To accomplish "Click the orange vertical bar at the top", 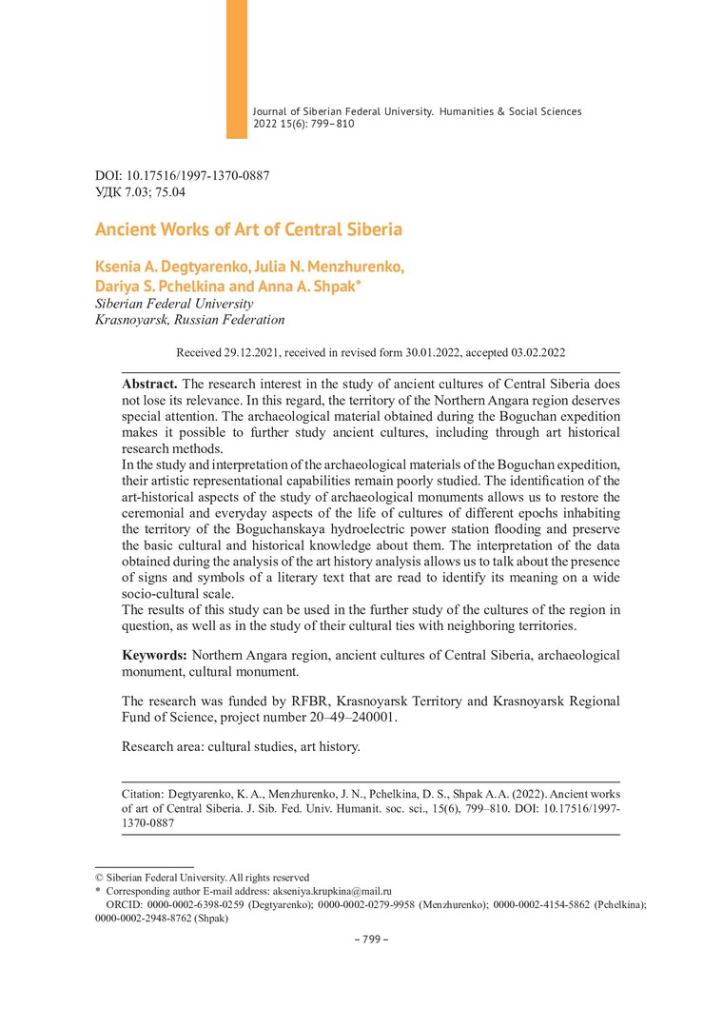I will point(236,69).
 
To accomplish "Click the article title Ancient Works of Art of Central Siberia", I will point(248,229).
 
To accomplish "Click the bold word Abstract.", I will point(148,383).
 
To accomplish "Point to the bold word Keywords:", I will point(154,656).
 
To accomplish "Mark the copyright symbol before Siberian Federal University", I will point(99,878).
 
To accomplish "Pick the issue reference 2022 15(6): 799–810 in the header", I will point(304,124).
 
